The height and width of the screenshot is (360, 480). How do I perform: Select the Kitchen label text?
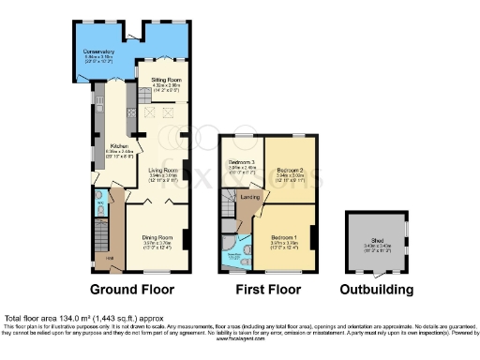[x=120, y=146]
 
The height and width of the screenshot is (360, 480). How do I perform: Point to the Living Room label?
[x=163, y=170]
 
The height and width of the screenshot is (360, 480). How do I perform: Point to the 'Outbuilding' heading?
[x=372, y=289]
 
